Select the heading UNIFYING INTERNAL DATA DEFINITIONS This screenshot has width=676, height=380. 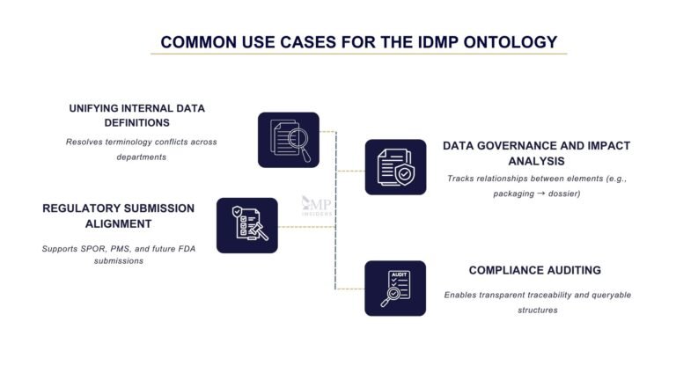(x=136, y=116)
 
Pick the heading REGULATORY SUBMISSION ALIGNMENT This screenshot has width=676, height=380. (x=118, y=216)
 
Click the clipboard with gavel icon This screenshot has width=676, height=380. (x=247, y=224)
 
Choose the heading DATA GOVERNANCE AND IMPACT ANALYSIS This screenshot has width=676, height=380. (x=536, y=153)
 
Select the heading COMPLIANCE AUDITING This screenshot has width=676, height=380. (x=535, y=270)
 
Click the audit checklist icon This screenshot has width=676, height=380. (x=395, y=288)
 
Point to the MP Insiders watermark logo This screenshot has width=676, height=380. (x=317, y=206)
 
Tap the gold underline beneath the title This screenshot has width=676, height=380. (x=358, y=55)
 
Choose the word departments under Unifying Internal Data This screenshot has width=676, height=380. (x=142, y=157)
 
